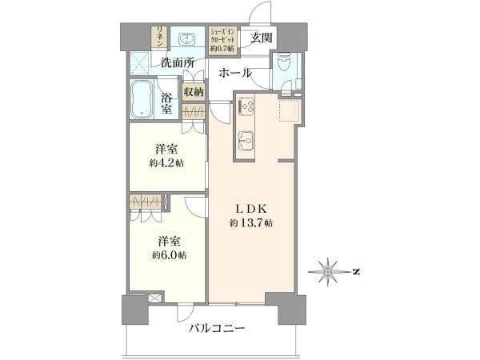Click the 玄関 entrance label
(x=261, y=38)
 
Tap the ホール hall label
(x=235, y=73)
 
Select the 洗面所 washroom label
(x=178, y=63)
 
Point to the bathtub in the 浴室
(x=142, y=99)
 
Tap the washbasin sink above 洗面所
(x=186, y=39)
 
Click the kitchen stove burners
(x=246, y=106)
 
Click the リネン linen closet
(x=160, y=37)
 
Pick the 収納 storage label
(x=194, y=91)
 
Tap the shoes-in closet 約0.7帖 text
(x=222, y=48)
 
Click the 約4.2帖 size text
(x=167, y=163)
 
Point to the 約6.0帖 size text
(x=170, y=254)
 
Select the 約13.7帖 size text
(x=251, y=223)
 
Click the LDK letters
(x=251, y=209)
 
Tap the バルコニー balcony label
(x=217, y=329)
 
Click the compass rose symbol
(x=328, y=271)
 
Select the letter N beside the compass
(x=356, y=271)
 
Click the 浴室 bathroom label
(x=167, y=103)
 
